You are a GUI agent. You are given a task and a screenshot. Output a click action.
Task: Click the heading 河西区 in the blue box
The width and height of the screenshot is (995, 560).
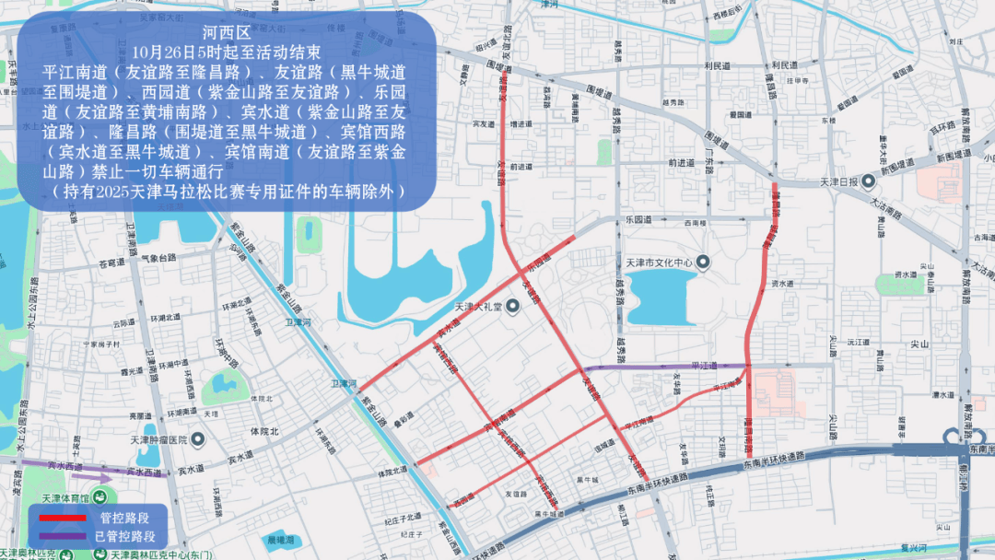[226, 32]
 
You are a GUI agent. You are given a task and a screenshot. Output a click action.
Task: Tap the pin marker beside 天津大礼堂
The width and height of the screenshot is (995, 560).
[511, 307]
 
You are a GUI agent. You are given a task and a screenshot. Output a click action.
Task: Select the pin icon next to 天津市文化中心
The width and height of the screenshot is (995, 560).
[704, 263]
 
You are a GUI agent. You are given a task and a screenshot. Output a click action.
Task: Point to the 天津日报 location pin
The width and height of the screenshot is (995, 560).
[869, 181]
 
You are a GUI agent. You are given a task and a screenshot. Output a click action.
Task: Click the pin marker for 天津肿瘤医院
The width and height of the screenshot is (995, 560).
[197, 440]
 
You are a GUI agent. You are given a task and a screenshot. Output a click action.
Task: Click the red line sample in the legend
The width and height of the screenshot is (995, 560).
[62, 519]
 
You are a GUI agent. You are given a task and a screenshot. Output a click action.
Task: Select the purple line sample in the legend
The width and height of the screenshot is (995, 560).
[62, 536]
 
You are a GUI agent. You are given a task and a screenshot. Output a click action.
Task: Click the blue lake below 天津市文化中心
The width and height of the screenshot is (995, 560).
[662, 302]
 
